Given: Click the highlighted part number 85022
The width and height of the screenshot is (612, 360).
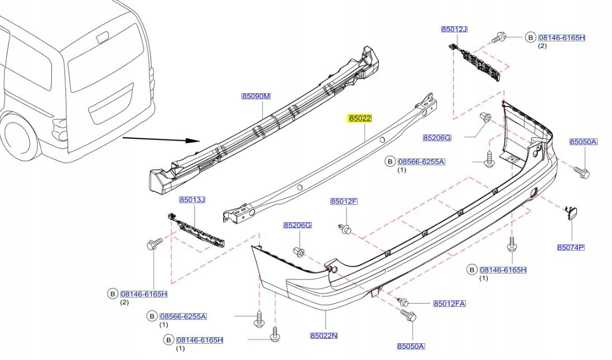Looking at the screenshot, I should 360,118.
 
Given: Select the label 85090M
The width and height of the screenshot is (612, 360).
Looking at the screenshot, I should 256,96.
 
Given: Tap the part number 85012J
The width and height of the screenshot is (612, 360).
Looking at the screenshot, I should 454,29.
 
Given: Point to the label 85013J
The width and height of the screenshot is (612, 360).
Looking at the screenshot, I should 192,199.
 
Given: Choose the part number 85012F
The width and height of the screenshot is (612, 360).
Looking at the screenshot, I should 344,201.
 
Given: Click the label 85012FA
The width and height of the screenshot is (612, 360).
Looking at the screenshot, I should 450,304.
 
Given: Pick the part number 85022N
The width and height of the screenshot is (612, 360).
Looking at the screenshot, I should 324,335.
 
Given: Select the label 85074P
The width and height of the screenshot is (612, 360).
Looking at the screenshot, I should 571,247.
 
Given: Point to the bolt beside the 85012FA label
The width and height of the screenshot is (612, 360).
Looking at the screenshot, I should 402,301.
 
